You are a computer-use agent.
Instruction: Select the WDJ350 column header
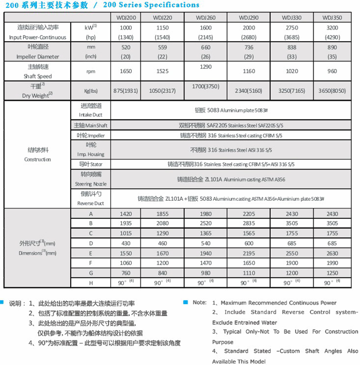[x=332, y=17]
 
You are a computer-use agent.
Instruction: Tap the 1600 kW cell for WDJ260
[x=206, y=27]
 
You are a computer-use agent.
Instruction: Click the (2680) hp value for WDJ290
[x=249, y=37]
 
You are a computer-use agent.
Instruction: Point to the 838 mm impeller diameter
[x=291, y=47]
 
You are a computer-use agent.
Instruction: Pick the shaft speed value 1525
[x=163, y=71]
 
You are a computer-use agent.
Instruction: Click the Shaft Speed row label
[x=37, y=76]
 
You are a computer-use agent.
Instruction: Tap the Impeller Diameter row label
[x=37, y=56]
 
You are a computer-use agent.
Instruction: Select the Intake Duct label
[x=91, y=115]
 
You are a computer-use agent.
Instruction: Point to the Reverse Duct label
[x=91, y=203]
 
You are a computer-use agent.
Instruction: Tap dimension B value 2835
[x=249, y=223]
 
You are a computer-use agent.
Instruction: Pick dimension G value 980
[x=206, y=273]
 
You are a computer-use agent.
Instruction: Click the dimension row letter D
[x=91, y=243]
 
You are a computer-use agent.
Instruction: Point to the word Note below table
[x=199, y=303]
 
